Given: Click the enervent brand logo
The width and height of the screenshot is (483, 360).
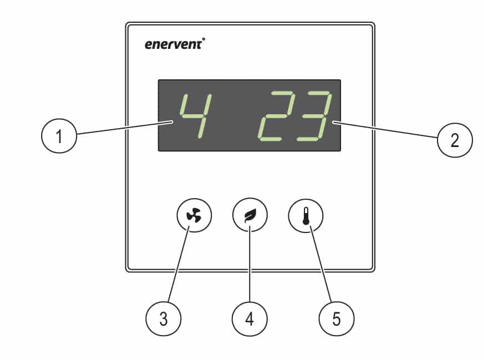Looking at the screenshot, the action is click(x=175, y=44).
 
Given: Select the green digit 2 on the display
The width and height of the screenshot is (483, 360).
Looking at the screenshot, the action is click(x=276, y=116).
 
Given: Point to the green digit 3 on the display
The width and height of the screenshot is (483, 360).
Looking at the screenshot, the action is click(x=314, y=116).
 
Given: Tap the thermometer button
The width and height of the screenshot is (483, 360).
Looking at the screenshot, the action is click(x=306, y=215).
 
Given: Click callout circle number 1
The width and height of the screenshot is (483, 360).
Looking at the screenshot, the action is click(x=59, y=136).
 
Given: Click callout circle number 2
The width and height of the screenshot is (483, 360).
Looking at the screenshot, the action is click(x=455, y=140).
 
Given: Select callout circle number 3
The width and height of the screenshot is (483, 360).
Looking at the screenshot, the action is click(x=163, y=318).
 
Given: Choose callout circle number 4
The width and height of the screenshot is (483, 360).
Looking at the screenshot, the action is click(x=250, y=318).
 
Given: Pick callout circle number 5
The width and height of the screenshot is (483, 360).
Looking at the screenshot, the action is click(x=337, y=318).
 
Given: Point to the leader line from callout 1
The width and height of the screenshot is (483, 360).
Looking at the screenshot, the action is click(x=124, y=128).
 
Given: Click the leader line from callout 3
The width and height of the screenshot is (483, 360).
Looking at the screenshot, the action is click(x=179, y=264).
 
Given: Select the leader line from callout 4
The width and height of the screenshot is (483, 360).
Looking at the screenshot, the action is click(x=250, y=264).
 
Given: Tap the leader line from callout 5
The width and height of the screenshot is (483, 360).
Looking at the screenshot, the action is click(x=321, y=264).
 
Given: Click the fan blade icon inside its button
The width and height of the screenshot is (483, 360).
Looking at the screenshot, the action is click(x=194, y=215).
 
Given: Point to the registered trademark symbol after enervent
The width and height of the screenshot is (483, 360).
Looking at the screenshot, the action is click(x=204, y=39).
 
